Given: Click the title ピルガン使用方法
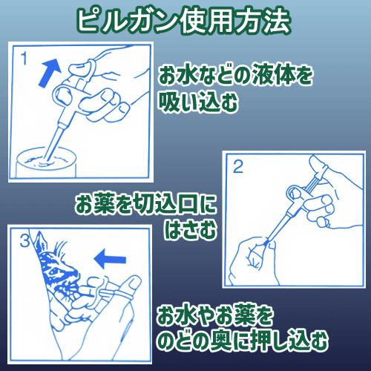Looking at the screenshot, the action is [x=183, y=22].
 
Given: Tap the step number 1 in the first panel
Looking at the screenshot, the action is [x=24, y=59].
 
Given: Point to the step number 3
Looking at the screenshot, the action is [x=24, y=240].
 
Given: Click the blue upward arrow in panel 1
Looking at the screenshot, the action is [x=50, y=73].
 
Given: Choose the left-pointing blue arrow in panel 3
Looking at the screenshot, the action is [x=110, y=259].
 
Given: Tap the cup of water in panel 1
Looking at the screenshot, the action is [x=47, y=162].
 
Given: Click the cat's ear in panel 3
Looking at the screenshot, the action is [x=39, y=243].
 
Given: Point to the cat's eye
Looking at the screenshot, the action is [x=55, y=271].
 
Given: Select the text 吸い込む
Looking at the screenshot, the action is [x=198, y=102].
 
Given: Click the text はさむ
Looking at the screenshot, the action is [x=190, y=229].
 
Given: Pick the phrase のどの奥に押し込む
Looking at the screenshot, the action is [x=243, y=340].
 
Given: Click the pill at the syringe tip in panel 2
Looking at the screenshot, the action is [x=266, y=243].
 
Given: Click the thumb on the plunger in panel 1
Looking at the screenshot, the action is [x=79, y=68].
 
